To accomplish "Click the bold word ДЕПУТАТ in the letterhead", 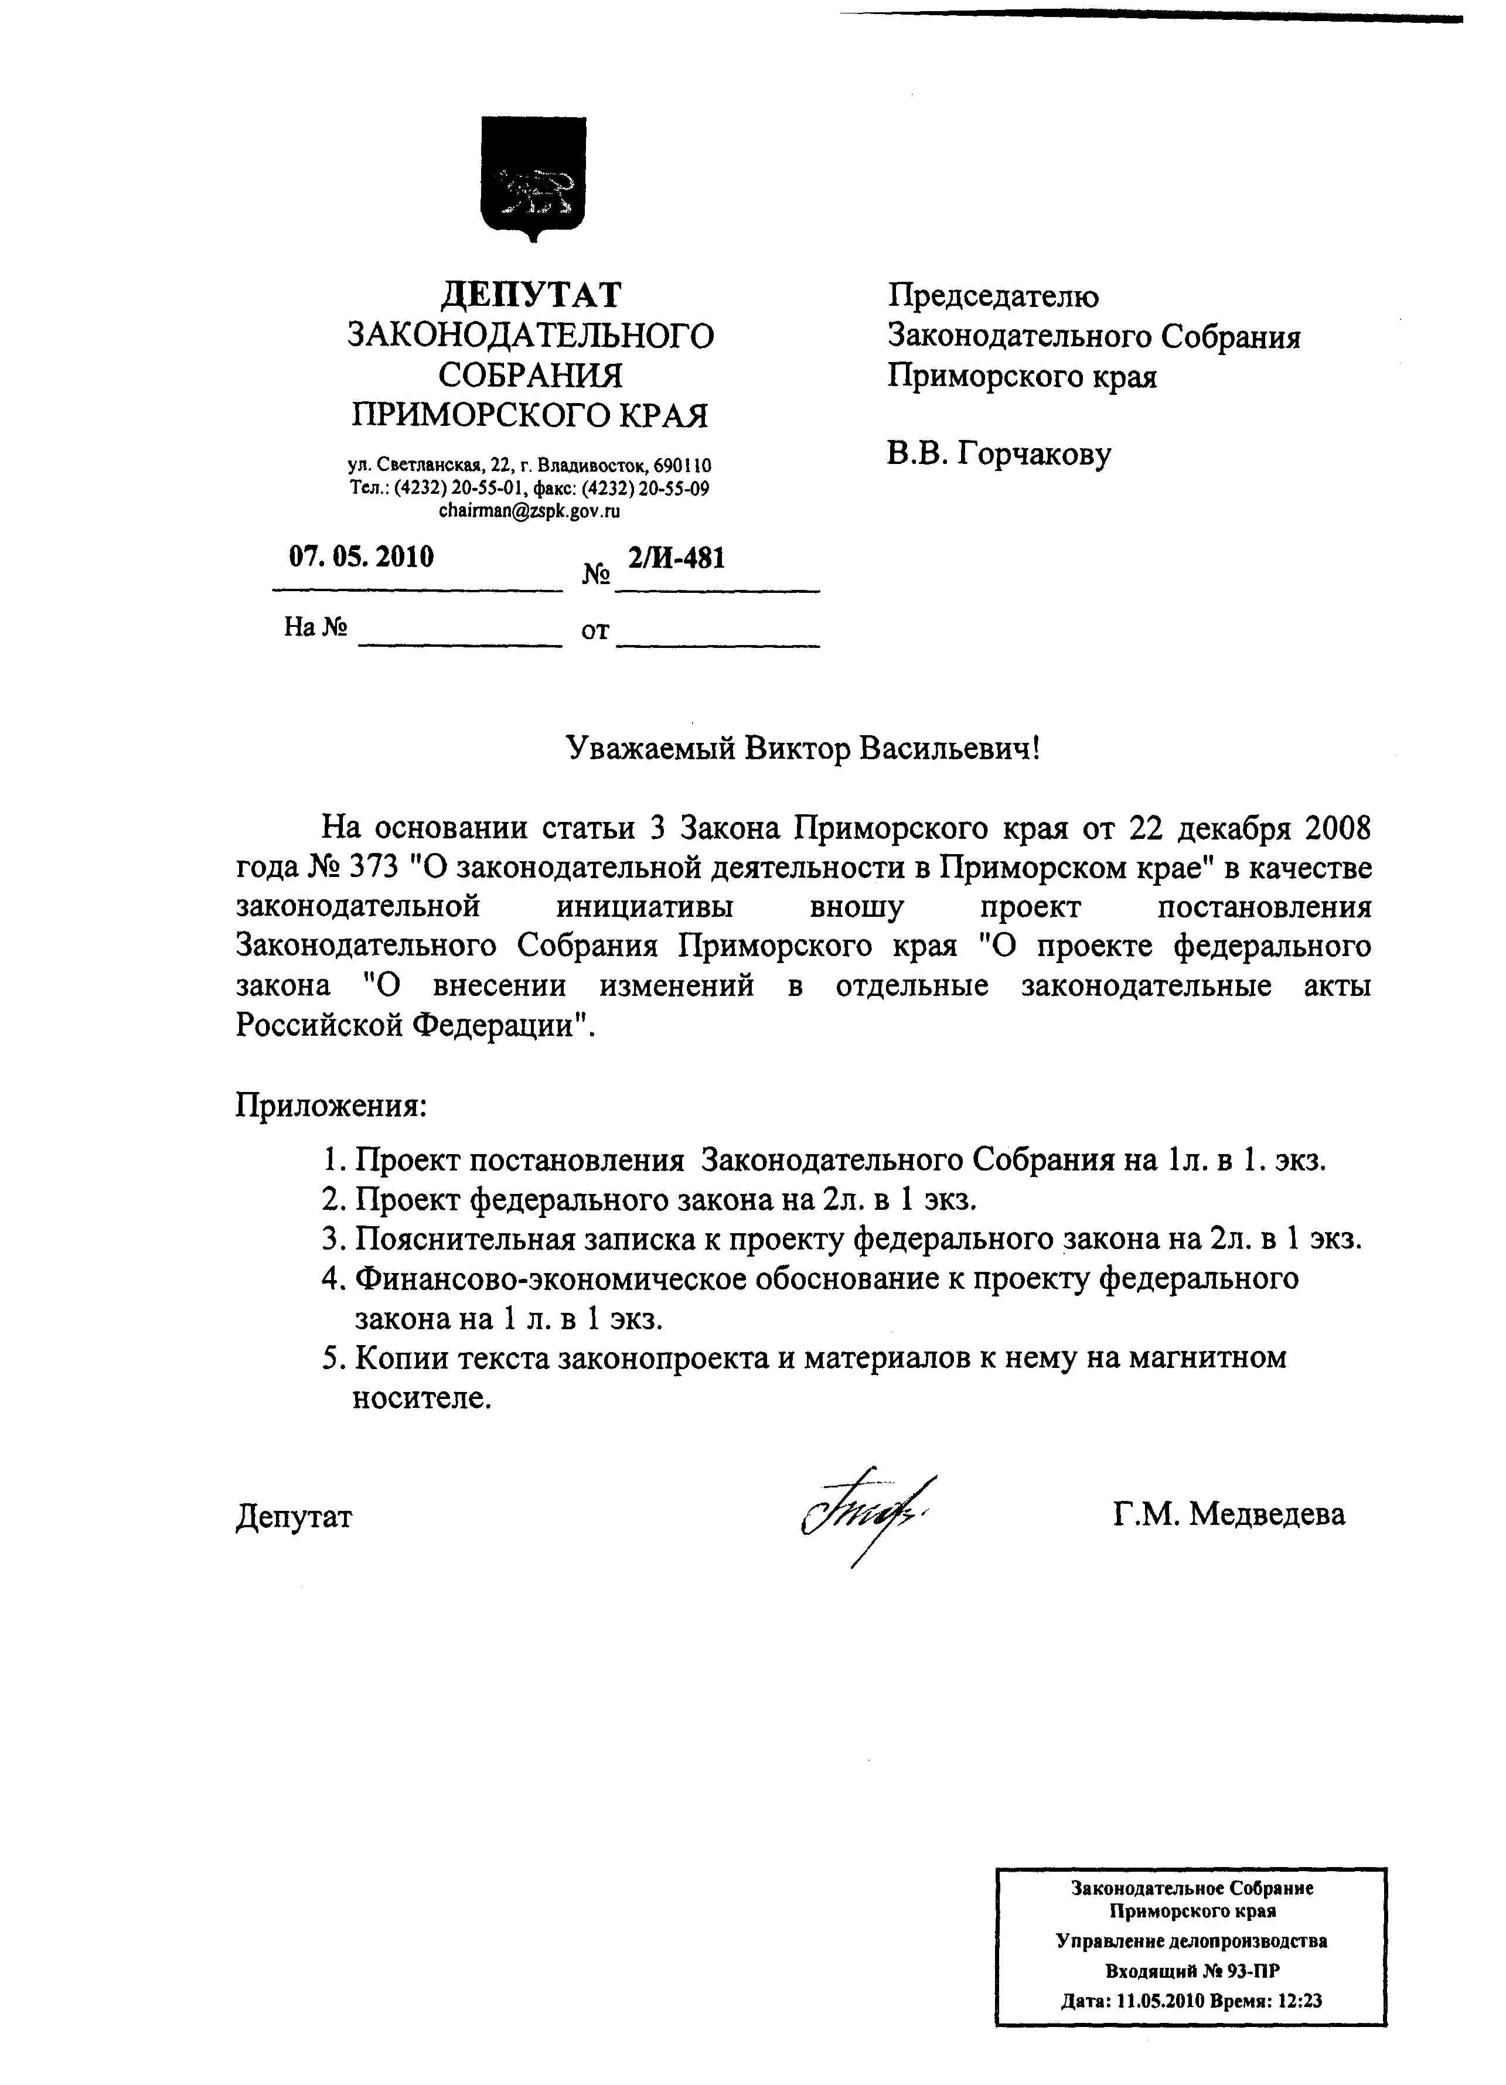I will pos(530,295).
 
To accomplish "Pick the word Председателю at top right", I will pos(992,296).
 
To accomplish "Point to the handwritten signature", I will pos(864,1514).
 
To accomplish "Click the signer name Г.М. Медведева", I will pos(1228,1514).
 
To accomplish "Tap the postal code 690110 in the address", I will pos(682,465).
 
